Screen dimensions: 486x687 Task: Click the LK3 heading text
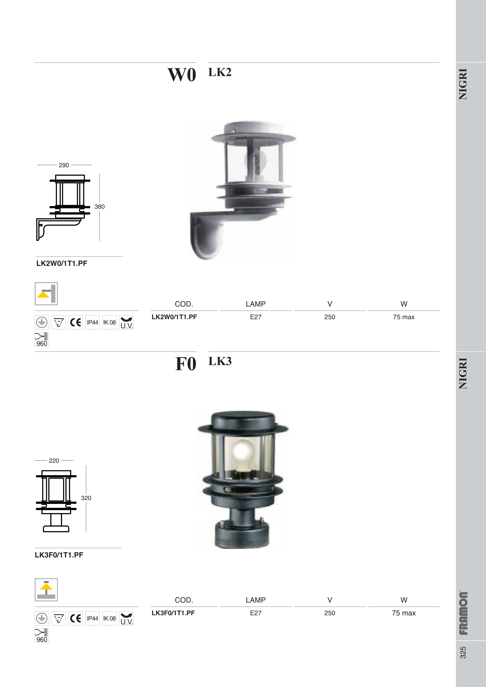coord(220,361)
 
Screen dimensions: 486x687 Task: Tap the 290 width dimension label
coord(64,165)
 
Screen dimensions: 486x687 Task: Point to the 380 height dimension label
coord(99,207)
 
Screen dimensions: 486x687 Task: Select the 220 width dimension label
coord(54,460)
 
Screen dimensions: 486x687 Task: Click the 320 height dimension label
coord(86,498)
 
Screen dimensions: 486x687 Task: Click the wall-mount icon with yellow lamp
coord(46,294)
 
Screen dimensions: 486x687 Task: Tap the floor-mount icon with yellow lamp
coord(46,590)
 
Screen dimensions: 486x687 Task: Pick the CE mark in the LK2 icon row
coord(76,322)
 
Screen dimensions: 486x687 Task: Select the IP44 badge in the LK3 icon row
coord(92,618)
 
